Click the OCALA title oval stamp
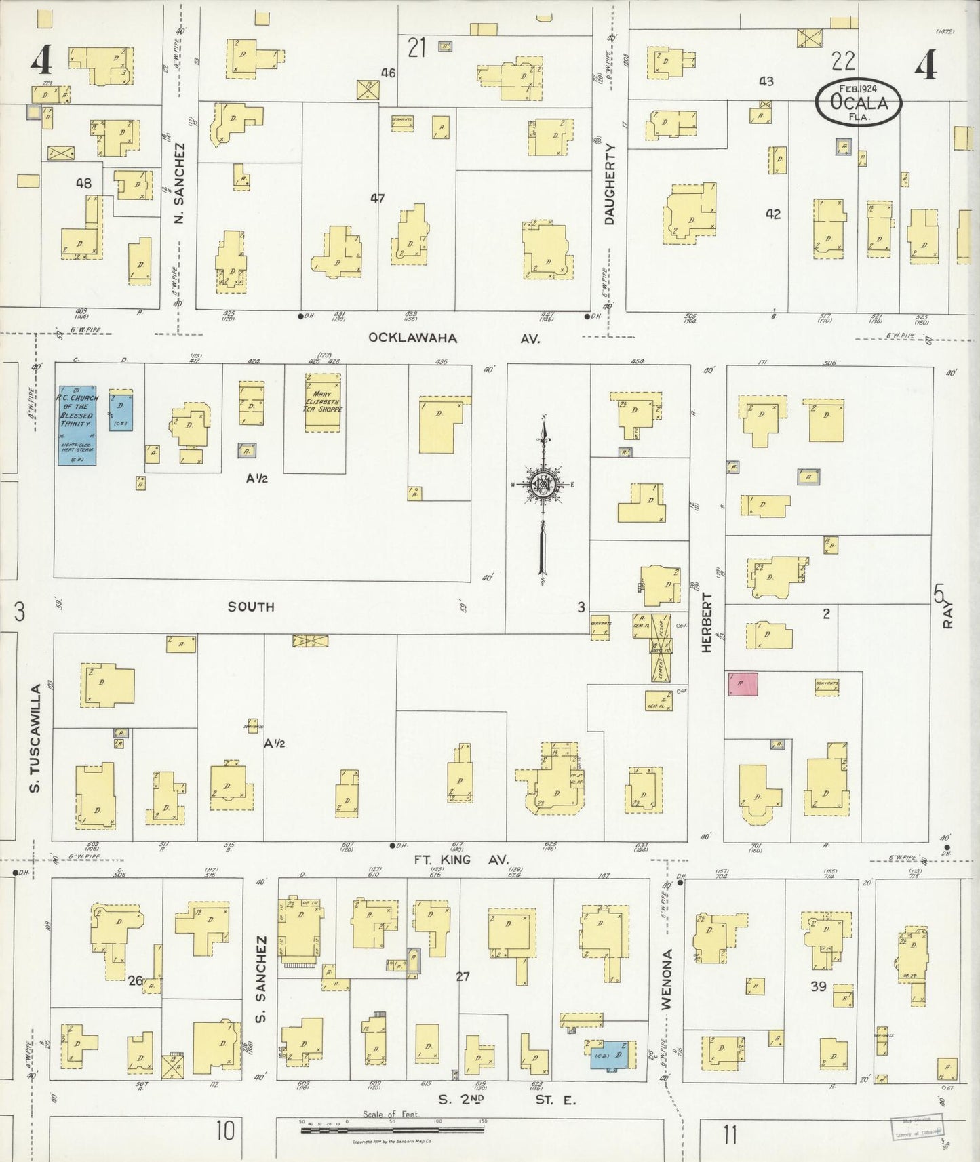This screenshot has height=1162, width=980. [859, 102]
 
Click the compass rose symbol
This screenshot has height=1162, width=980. [543, 484]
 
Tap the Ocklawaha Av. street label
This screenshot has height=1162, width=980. [454, 338]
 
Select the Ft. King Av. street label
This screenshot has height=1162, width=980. [461, 859]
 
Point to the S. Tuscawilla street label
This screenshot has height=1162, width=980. [37, 738]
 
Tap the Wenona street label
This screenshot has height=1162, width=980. [667, 979]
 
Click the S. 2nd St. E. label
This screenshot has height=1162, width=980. [505, 1100]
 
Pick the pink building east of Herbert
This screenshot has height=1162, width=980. [743, 684]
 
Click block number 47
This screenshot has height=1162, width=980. [377, 199]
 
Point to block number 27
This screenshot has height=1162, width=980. [463, 976]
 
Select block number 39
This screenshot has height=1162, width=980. [819, 986]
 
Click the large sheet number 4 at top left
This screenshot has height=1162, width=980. [40, 62]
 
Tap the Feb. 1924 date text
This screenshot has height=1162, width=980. [859, 89]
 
